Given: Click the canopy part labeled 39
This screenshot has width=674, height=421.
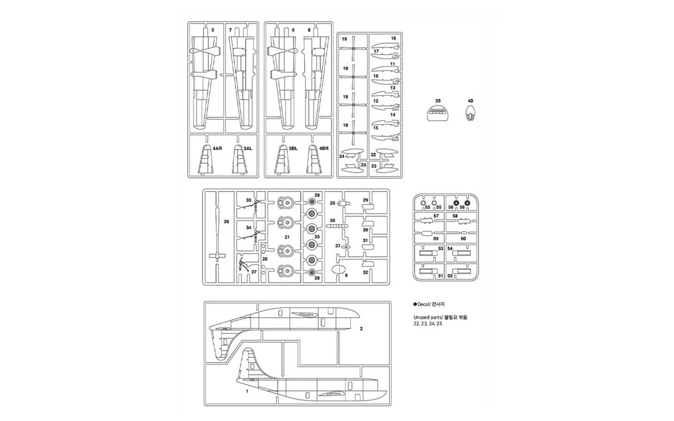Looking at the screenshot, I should [437, 113].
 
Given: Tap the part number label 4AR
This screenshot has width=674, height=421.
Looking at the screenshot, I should [217, 148].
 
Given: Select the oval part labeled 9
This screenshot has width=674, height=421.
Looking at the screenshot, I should [339, 270].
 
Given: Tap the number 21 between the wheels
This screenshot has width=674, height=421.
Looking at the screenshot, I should [287, 237].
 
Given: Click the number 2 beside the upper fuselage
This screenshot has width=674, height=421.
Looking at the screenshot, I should [361, 329].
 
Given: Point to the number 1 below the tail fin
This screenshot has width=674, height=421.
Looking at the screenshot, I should [247, 391].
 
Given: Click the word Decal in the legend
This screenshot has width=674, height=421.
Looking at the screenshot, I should [423, 304].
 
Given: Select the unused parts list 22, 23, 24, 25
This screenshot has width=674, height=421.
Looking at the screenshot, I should [428, 324].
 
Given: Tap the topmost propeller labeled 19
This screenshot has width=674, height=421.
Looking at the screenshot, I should [354, 48].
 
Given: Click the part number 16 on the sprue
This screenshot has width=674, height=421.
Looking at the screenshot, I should [394, 38].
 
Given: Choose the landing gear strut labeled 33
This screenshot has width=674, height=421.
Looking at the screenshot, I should [256, 206].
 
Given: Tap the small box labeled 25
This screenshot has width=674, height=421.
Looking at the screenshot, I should [364, 165].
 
